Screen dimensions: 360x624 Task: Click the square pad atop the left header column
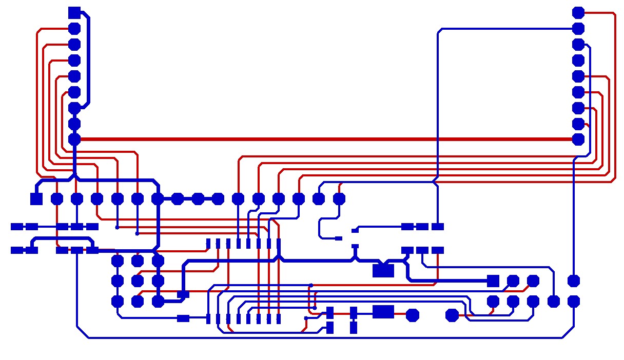(74, 12)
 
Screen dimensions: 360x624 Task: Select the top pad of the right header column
(578, 12)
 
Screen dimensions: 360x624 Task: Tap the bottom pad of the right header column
(578, 139)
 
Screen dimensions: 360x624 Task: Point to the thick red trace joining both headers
(323, 139)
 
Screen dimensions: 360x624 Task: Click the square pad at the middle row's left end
(36, 198)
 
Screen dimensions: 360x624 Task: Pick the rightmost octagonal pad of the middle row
(339, 198)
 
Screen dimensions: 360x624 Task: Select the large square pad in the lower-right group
(493, 281)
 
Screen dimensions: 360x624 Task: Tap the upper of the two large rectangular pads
(383, 270)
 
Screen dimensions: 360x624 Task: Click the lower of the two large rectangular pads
(383, 311)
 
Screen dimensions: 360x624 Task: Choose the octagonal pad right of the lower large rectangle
(412, 315)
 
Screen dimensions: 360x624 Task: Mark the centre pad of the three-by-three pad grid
(138, 281)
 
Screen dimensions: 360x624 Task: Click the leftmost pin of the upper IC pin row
(208, 243)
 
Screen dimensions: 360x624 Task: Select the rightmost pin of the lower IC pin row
(279, 319)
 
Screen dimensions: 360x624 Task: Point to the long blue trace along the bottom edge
(323, 338)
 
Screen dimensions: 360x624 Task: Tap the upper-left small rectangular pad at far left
(17, 226)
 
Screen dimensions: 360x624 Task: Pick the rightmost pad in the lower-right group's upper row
(574, 281)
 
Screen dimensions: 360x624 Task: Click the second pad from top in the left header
(74, 28)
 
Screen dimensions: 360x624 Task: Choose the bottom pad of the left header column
(74, 139)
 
